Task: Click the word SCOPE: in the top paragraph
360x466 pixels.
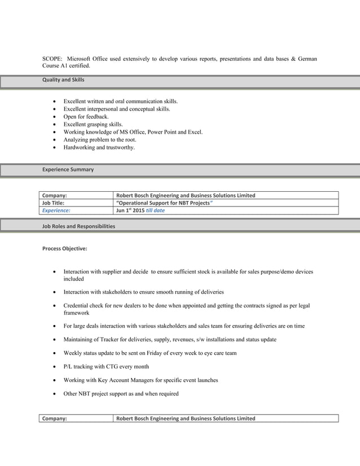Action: pos(54,59)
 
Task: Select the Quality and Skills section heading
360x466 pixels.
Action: pos(63,80)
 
